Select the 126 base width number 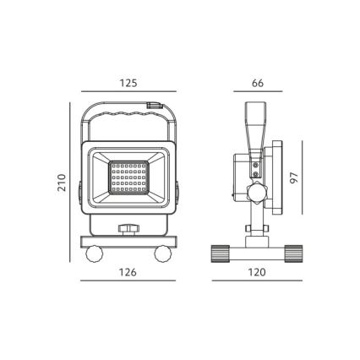click(128, 274)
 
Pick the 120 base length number click(254, 274)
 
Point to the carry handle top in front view click(128, 106)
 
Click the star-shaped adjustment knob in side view click(254, 192)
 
